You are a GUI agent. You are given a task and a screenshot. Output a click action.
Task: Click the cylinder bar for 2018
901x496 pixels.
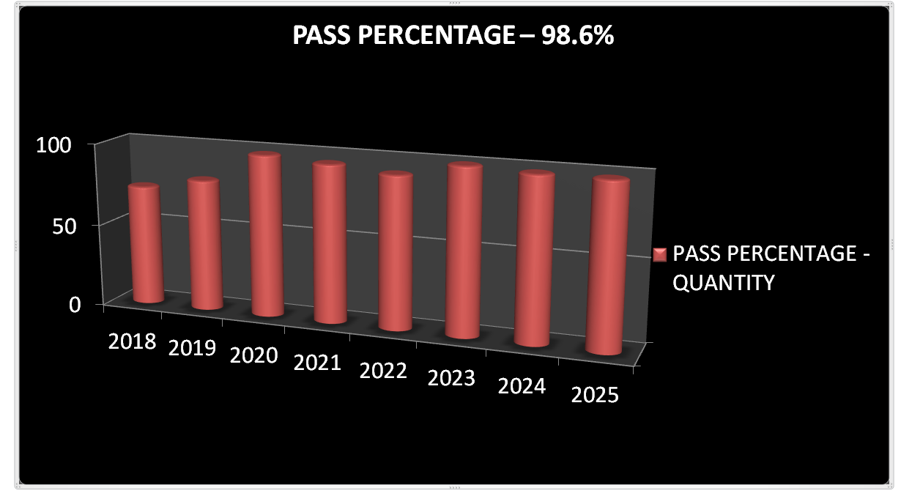click(x=144, y=244)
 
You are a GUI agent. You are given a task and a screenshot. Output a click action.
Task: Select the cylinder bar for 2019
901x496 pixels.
click(x=204, y=244)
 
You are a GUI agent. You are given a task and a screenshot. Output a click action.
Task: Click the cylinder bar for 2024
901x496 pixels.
click(x=535, y=259)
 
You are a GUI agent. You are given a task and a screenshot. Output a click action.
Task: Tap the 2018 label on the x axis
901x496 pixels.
click(x=132, y=341)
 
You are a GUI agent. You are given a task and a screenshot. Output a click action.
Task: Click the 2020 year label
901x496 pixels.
click(x=253, y=355)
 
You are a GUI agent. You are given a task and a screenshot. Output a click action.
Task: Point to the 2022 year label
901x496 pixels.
click(x=383, y=371)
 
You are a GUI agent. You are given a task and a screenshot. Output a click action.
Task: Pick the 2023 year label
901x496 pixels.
click(x=451, y=379)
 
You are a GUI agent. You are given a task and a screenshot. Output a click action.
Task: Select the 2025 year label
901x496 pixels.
click(x=595, y=395)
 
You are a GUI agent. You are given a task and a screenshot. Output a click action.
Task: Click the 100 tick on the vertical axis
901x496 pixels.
click(x=54, y=145)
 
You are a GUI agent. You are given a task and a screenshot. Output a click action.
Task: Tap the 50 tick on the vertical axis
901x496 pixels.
click(x=64, y=225)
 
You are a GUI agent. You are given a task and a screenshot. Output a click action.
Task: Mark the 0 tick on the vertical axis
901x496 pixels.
click(x=75, y=304)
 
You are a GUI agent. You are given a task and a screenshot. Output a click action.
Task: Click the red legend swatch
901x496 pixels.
click(x=660, y=254)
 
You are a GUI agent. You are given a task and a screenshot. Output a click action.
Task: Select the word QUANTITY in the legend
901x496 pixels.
click(x=722, y=282)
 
